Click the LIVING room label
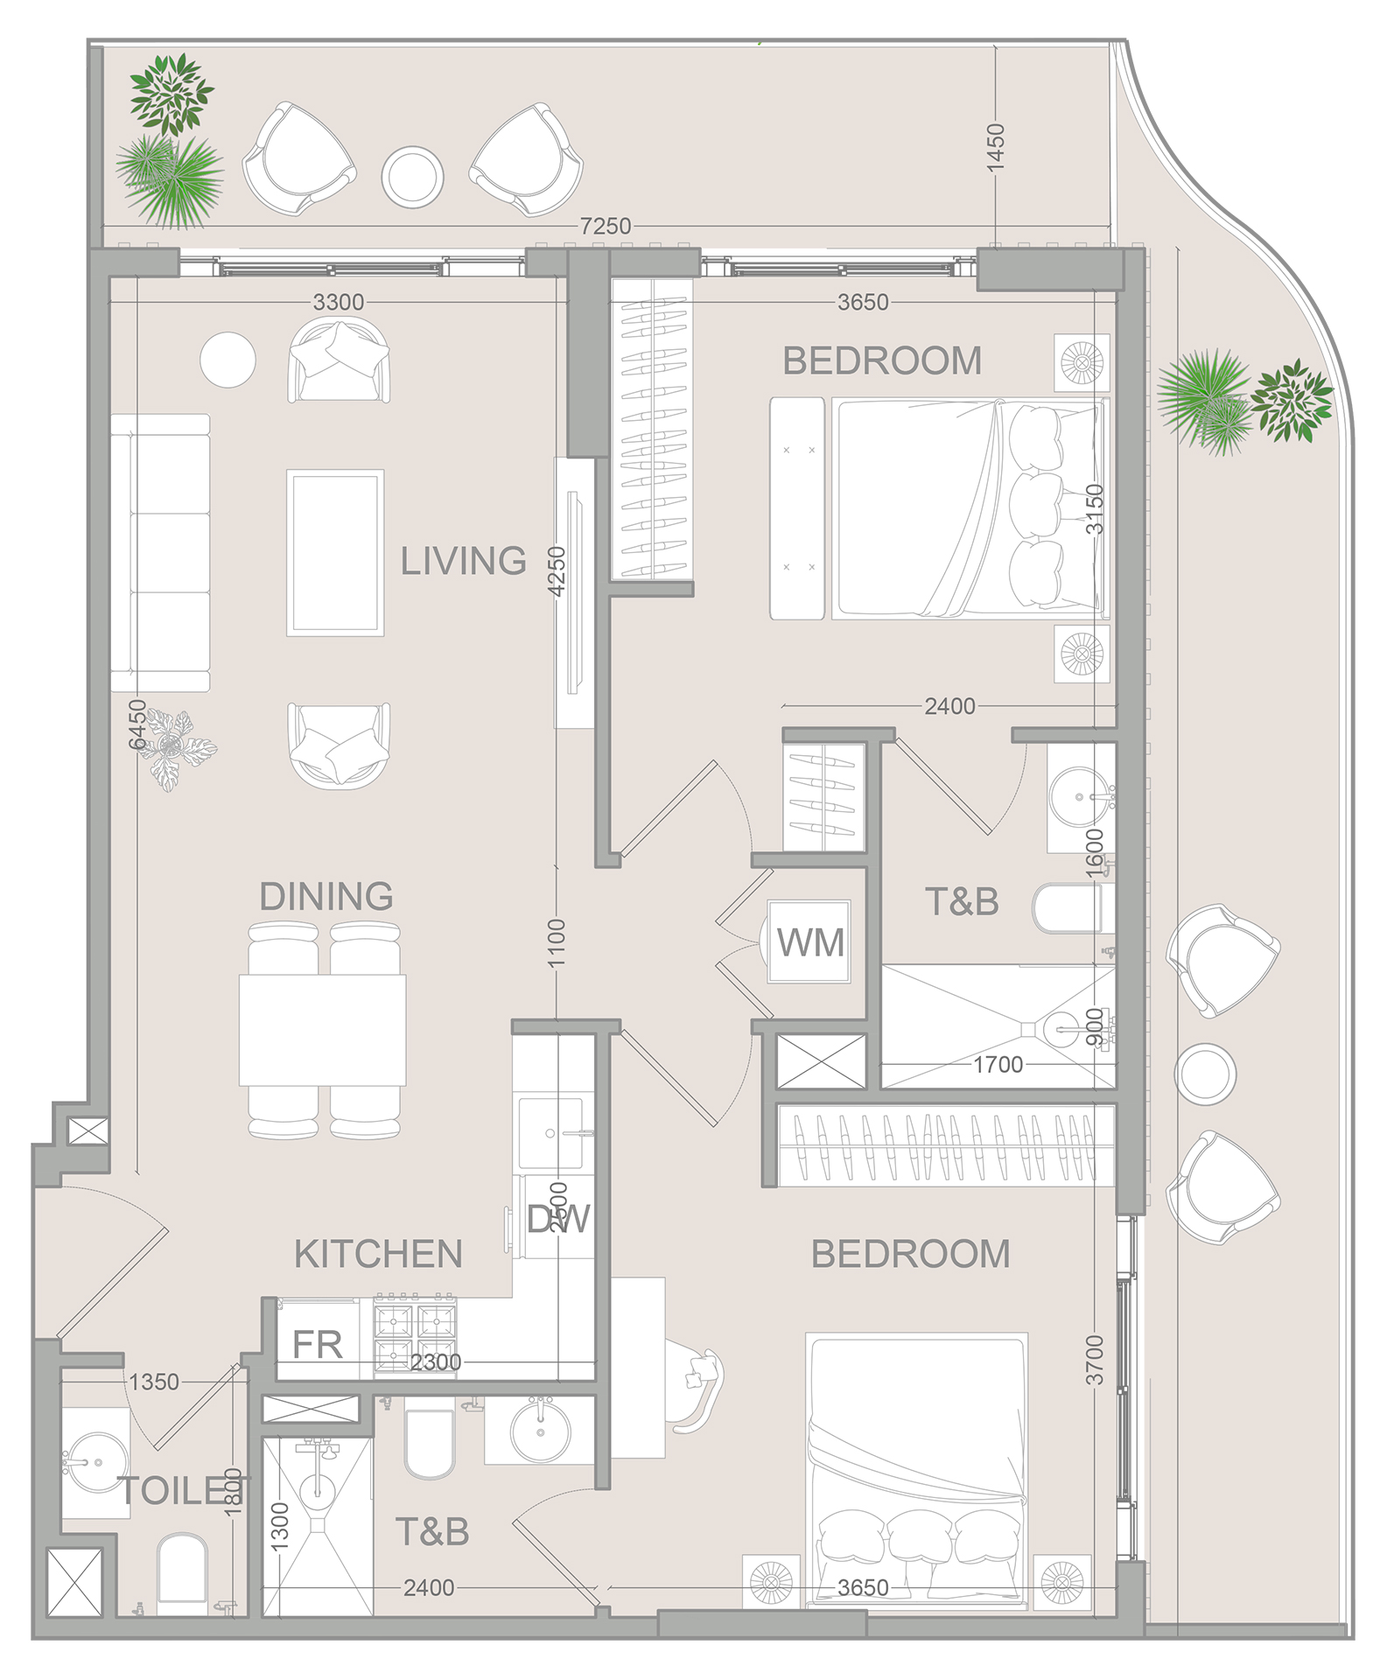463,561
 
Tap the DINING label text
326,897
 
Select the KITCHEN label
378,1254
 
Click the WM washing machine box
809,942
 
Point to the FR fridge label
317,1345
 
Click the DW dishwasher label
558,1219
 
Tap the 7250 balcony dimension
605,226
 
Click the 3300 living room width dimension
338,302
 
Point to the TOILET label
184,1491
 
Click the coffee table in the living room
335,553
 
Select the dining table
322,1030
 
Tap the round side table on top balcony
412,177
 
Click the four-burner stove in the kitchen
415,1334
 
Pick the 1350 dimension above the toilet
154,1382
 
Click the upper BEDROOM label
881,361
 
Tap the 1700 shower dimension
998,1065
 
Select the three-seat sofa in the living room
161,553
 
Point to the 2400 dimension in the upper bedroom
949,705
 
